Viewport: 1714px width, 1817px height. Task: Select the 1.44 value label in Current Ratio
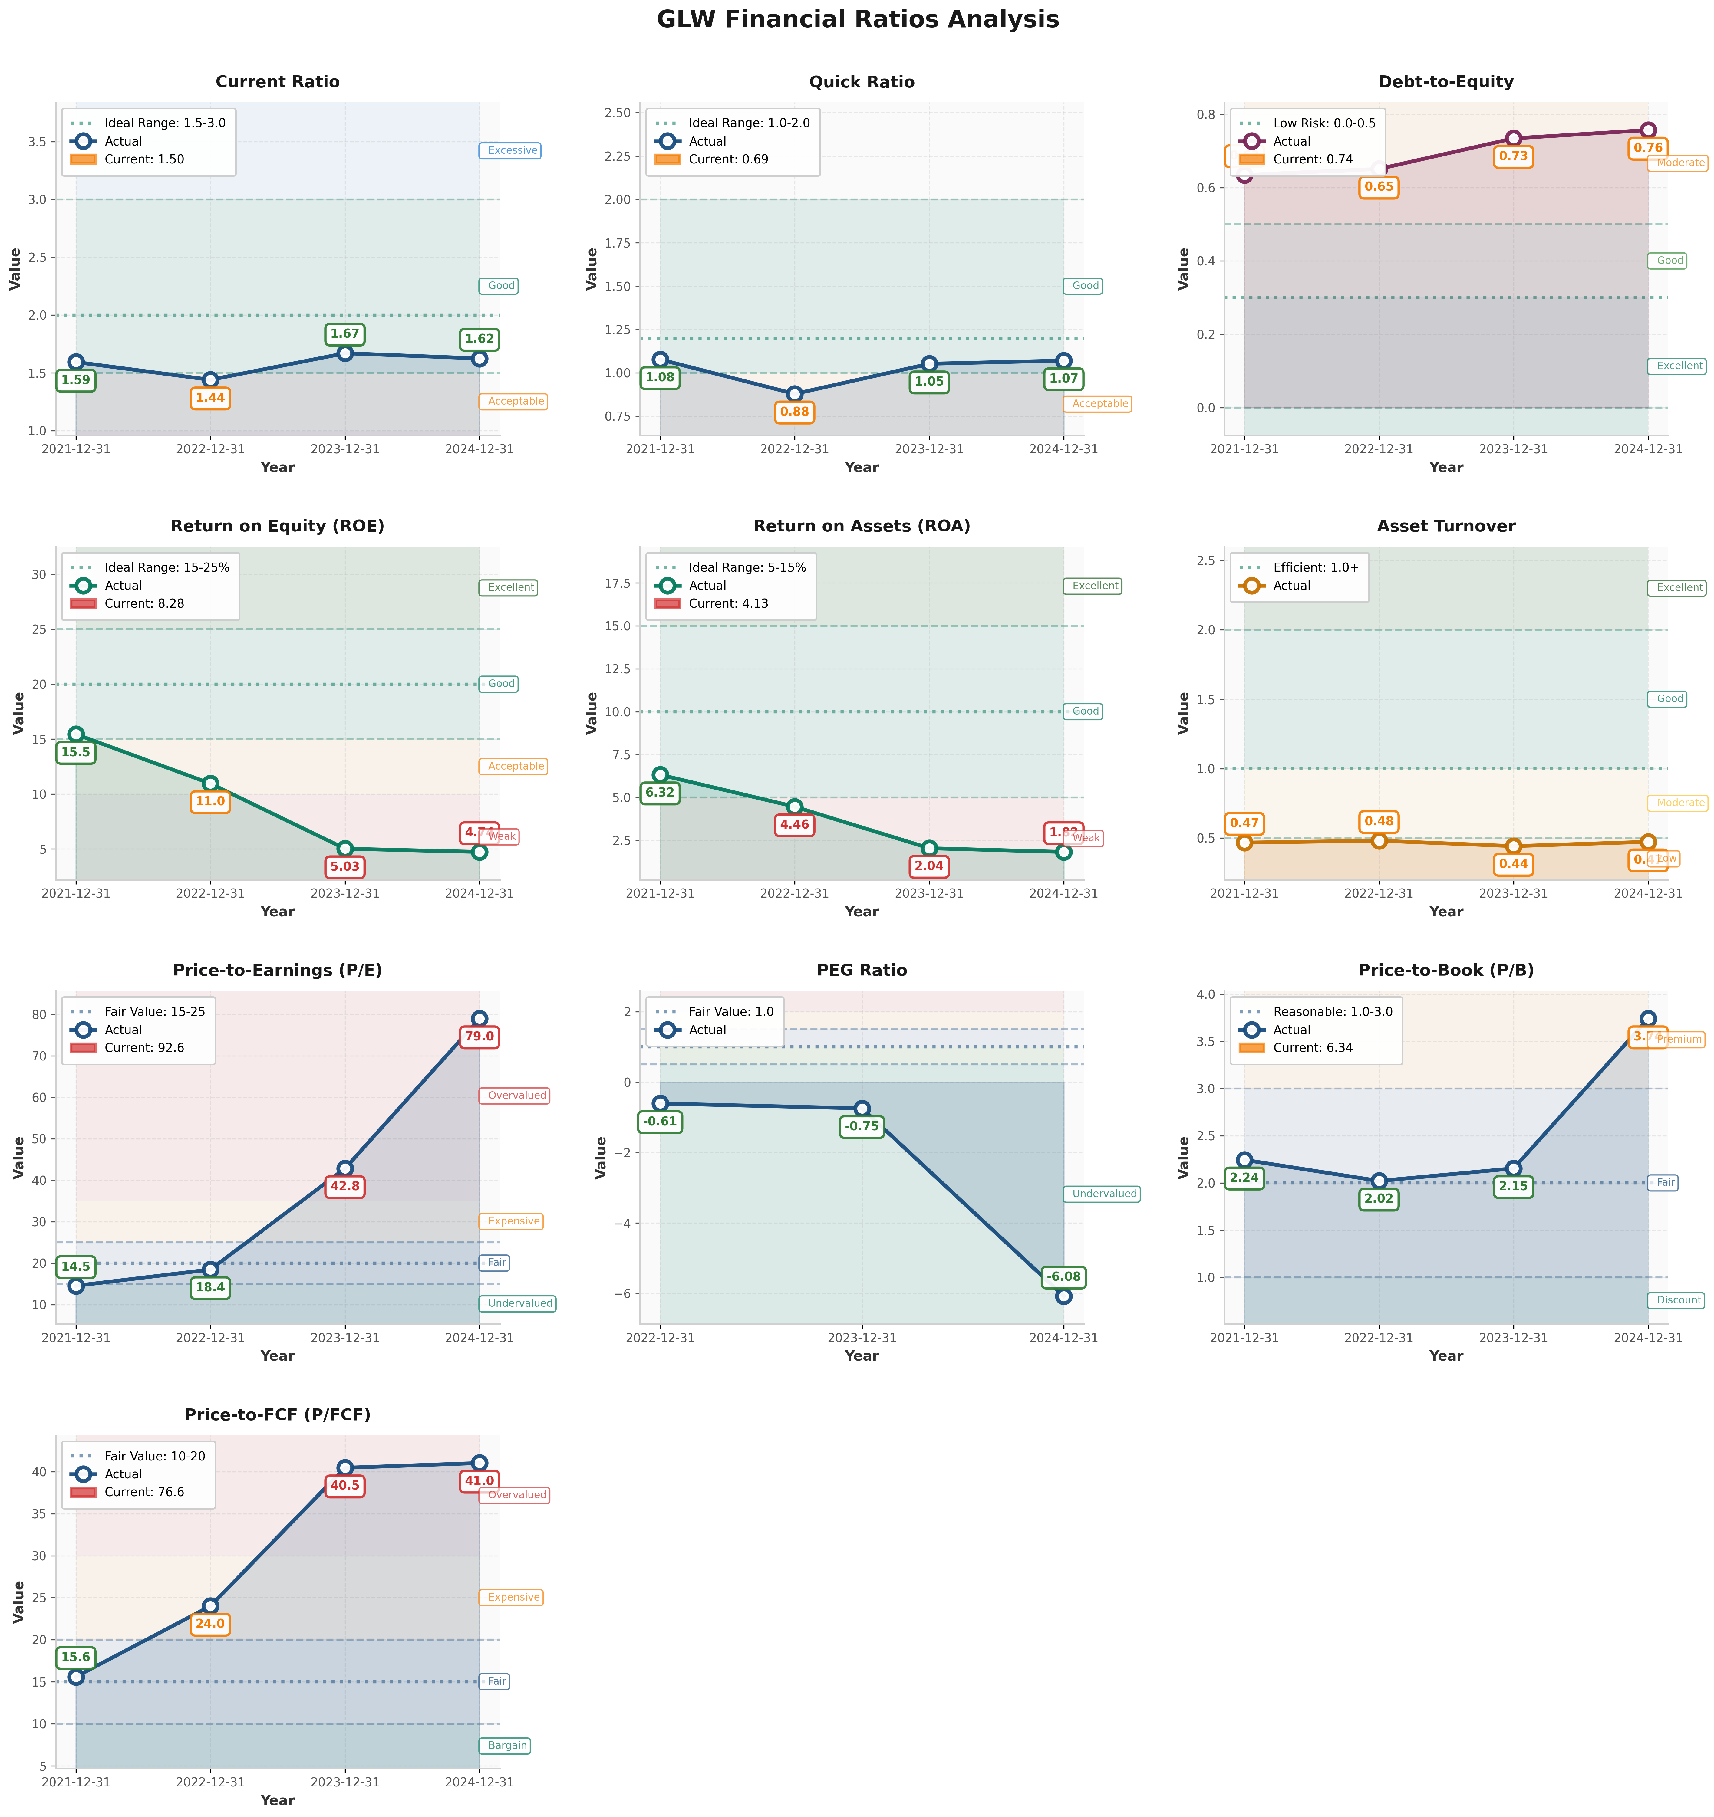pos(210,399)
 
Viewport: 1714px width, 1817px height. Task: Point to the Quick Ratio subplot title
pos(861,82)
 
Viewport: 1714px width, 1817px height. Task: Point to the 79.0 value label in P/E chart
pos(479,1037)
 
